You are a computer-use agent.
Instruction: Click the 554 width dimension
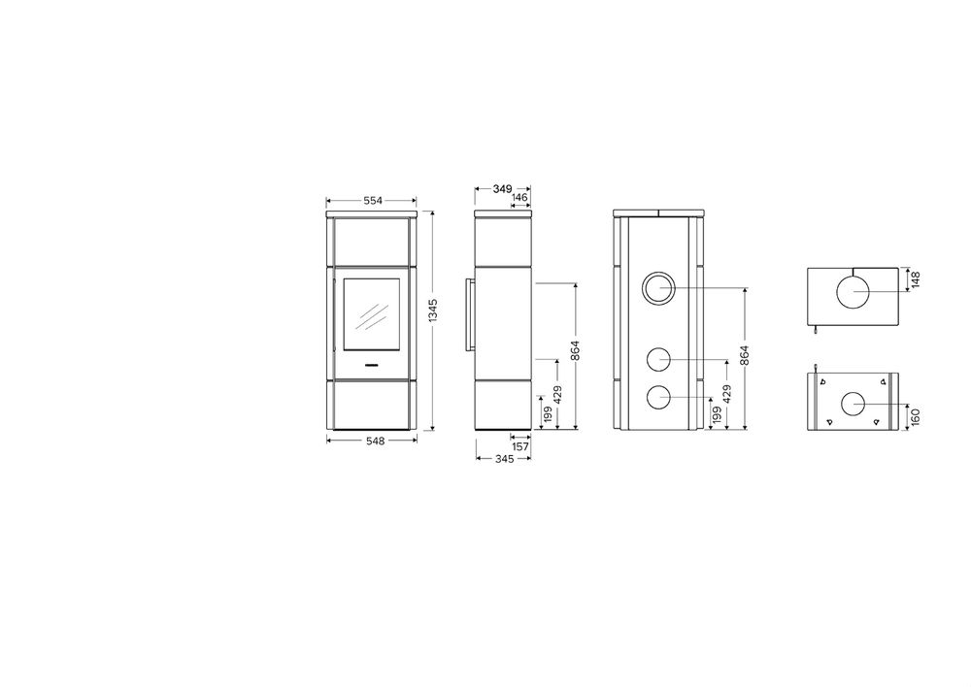coord(373,200)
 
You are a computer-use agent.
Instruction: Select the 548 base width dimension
coord(375,441)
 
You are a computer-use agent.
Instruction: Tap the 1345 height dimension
coord(433,311)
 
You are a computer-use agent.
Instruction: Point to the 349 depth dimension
coord(502,188)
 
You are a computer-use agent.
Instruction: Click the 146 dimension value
coord(520,197)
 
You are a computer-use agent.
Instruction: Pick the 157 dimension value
coord(520,445)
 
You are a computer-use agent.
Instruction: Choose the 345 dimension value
coord(505,459)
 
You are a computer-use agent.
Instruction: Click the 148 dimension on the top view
coord(917,279)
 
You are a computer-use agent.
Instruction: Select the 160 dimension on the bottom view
coord(917,416)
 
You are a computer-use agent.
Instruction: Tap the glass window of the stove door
coord(372,313)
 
